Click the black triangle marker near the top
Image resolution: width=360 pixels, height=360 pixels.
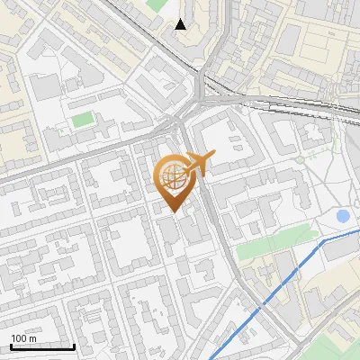tap(181, 24)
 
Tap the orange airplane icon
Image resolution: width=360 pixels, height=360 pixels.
tap(197, 164)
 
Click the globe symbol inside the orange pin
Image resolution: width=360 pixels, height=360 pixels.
tap(173, 175)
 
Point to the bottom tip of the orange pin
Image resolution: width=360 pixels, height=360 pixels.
tap(173, 212)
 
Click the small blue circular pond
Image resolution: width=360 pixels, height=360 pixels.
tap(343, 216)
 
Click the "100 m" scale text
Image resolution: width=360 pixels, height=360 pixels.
tap(24, 338)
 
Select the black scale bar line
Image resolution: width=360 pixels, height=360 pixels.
tap(42, 346)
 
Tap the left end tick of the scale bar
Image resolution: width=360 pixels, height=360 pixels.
tap(11, 345)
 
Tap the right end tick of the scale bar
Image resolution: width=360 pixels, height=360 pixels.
tap(74, 345)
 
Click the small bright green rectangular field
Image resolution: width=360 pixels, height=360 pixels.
tap(83, 119)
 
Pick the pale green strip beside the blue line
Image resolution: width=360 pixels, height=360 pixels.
tap(274, 240)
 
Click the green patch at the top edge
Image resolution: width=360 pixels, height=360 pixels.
tap(157, 4)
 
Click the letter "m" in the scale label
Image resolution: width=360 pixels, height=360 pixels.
tap(32, 338)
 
